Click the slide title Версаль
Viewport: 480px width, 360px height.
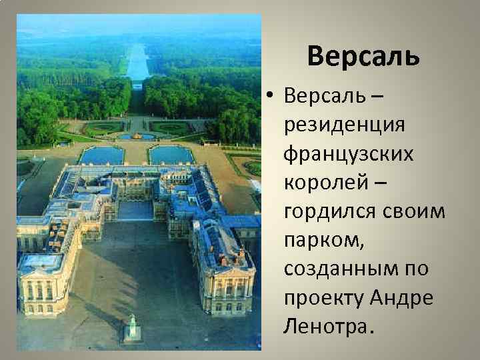(363, 57)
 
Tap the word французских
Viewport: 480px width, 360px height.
(339, 155)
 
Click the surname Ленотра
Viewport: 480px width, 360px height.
(327, 327)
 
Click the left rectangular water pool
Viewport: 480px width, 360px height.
(101, 155)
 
